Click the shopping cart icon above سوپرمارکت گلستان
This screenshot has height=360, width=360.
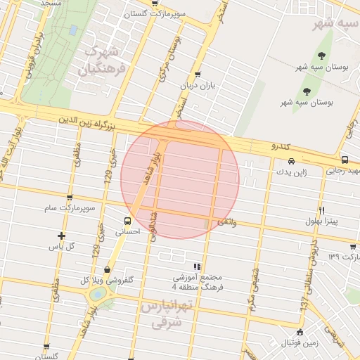(x=154, y=4)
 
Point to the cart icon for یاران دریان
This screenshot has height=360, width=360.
(x=197, y=75)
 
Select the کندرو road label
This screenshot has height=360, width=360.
(x=285, y=146)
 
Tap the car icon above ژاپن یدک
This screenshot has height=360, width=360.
(x=291, y=161)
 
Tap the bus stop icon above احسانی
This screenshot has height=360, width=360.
(x=128, y=219)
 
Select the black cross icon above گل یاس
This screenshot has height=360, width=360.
(x=62, y=236)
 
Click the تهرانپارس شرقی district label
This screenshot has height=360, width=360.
(x=166, y=314)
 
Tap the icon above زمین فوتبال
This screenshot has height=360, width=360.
(x=300, y=332)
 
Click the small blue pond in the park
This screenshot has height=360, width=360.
(x=73, y=30)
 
